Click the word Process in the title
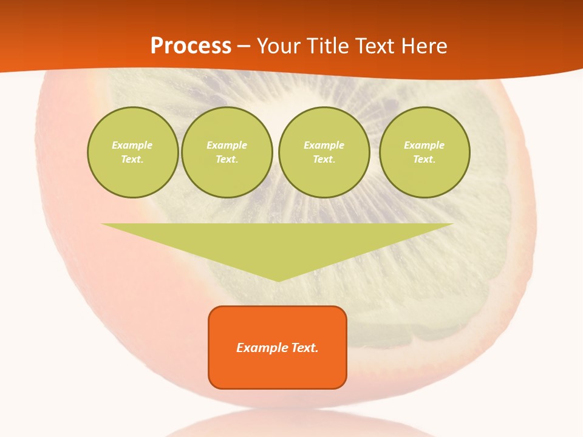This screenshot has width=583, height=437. (x=191, y=46)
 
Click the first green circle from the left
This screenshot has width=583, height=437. (x=132, y=152)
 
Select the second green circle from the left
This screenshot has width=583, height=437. (x=227, y=152)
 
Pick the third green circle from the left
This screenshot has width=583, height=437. (x=324, y=152)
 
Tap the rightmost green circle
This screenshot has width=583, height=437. (x=424, y=152)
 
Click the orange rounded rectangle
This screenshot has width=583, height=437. (x=278, y=347)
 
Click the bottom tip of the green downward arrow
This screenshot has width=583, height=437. (x=278, y=280)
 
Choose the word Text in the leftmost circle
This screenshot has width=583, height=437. (x=132, y=160)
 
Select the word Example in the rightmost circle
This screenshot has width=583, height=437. (x=424, y=145)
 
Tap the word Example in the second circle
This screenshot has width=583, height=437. (x=227, y=145)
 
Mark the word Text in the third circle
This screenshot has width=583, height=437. (x=324, y=160)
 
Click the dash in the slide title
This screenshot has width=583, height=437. (x=244, y=46)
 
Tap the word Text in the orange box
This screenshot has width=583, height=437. (x=305, y=348)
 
